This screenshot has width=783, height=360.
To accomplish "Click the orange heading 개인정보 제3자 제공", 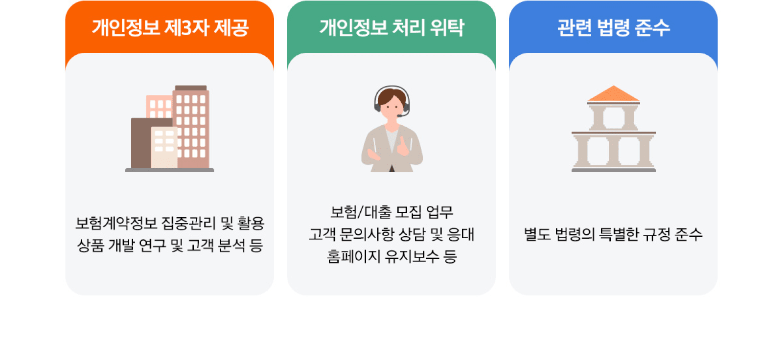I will tap(170, 27).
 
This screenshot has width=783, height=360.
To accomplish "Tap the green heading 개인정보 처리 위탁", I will tap(391, 27).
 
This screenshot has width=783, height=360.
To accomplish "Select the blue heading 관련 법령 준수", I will tap(613, 27).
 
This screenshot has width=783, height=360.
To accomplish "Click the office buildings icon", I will tap(170, 128).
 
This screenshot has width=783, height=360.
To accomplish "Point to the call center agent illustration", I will tap(391, 129).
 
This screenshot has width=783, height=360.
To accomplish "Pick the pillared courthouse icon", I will tap(613, 129).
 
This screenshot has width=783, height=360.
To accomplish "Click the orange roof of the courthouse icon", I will tap(613, 93).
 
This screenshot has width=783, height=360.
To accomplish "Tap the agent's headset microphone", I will tap(400, 116).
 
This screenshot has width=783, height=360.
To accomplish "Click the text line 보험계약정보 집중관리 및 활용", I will tap(170, 223).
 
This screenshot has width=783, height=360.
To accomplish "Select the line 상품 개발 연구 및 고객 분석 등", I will tap(170, 245).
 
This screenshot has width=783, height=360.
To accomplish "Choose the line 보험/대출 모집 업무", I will tap(391, 212).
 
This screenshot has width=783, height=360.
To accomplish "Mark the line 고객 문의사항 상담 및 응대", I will tap(391, 234).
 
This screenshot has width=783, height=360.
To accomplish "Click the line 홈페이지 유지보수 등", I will tap(391, 256).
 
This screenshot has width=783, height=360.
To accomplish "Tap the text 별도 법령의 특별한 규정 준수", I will tap(613, 234).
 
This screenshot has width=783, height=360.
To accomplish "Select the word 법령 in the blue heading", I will tap(613, 27).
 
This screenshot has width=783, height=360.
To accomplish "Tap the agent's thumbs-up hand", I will tap(403, 146).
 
